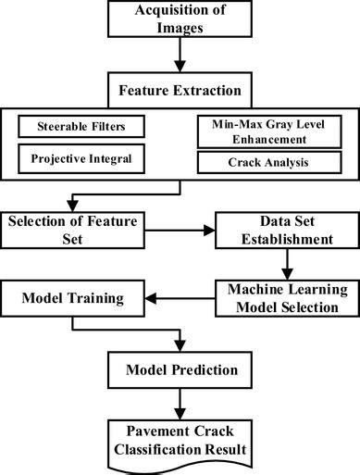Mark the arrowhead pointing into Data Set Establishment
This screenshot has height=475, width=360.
click(209, 235)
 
